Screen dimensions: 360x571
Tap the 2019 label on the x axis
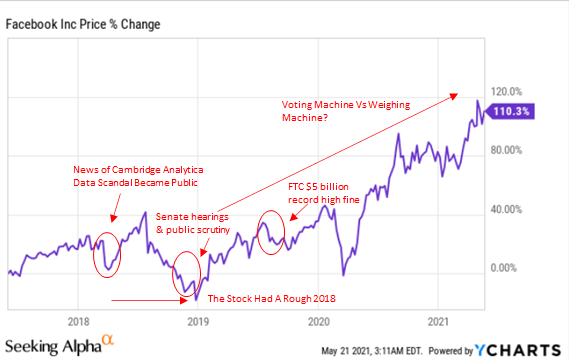[198, 321]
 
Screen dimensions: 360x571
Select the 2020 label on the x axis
[319, 321]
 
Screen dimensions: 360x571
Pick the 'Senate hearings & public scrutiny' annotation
[193, 223]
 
